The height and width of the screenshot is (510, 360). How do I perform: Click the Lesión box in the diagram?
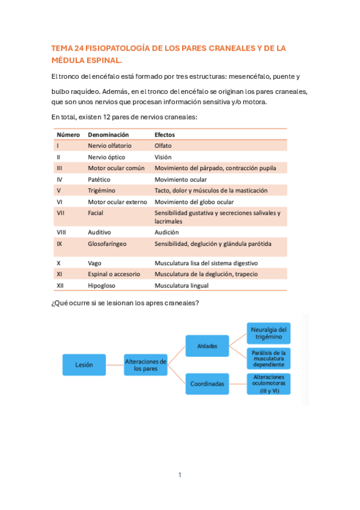pyautogui.click(x=84, y=364)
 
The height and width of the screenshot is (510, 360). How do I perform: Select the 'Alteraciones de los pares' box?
pyautogui.click(x=145, y=364)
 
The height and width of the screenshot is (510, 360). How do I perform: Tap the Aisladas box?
pyautogui.click(x=207, y=346)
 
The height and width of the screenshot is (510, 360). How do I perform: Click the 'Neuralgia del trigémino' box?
pyautogui.click(x=268, y=333)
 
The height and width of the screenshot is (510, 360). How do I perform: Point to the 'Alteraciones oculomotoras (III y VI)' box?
pyautogui.click(x=268, y=384)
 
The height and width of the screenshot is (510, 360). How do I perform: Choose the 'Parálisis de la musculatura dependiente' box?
pyautogui.click(x=268, y=358)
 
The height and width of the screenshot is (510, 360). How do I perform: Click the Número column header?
pyautogui.click(x=68, y=135)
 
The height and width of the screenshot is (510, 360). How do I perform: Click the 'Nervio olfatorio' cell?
pyautogui.click(x=109, y=146)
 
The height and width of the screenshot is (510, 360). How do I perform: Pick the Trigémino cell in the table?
pyautogui.click(x=102, y=191)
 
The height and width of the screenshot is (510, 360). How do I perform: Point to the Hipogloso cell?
pyautogui.click(x=102, y=285)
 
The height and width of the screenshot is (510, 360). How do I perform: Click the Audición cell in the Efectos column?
pyautogui.click(x=166, y=232)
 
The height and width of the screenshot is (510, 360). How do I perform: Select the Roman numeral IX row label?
pyautogui.click(x=59, y=244)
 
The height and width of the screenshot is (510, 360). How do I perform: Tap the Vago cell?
pyautogui.click(x=95, y=263)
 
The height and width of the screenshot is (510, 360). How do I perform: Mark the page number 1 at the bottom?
pyautogui.click(x=180, y=475)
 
